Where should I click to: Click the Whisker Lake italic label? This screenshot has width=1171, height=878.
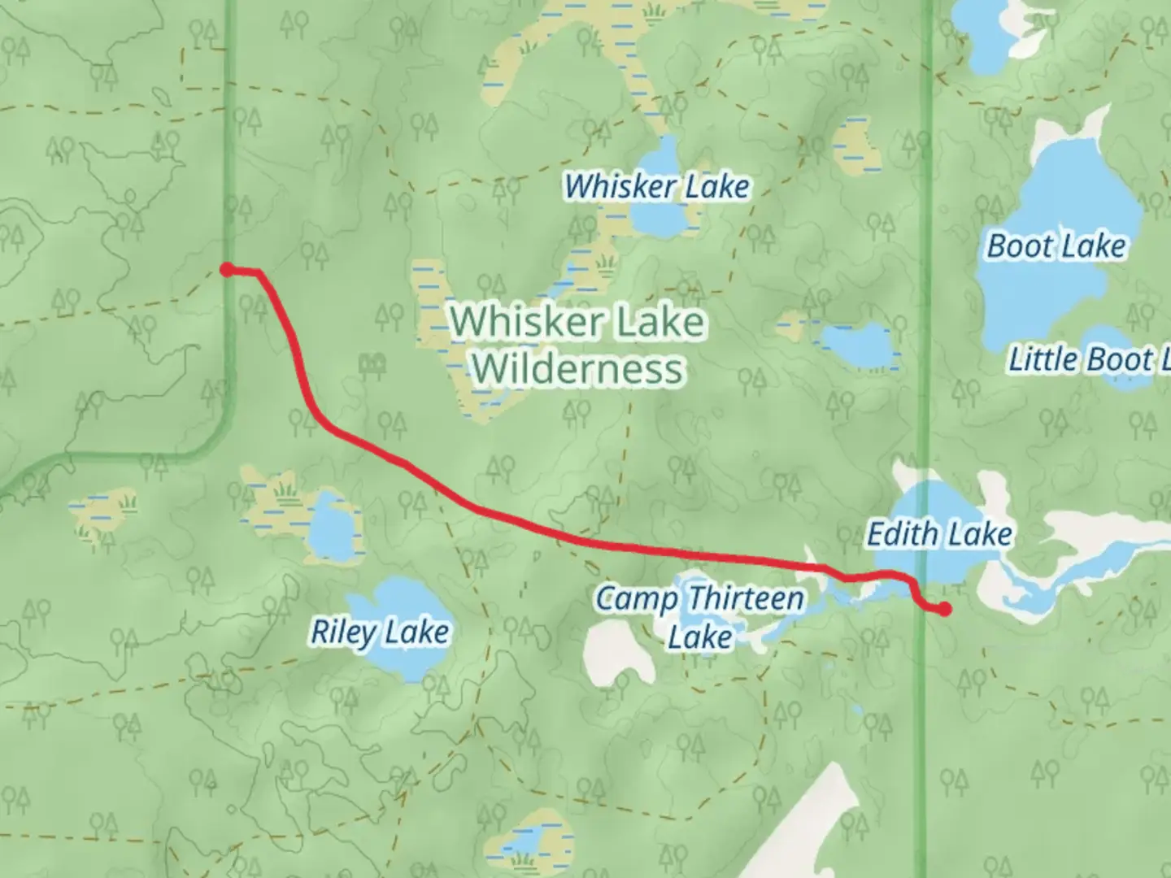(x=656, y=186)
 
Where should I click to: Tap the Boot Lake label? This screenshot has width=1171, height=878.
(x=1056, y=246)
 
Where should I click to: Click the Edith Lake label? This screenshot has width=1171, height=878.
(x=939, y=534)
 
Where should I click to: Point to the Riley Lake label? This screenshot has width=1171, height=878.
(x=380, y=631)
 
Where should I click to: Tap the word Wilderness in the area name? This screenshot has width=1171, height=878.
(x=577, y=368)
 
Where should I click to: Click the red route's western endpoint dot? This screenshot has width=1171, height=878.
(x=228, y=270)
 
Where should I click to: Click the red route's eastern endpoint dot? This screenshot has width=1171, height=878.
(x=945, y=609)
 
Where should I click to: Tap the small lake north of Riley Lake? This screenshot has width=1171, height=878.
(x=329, y=526)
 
